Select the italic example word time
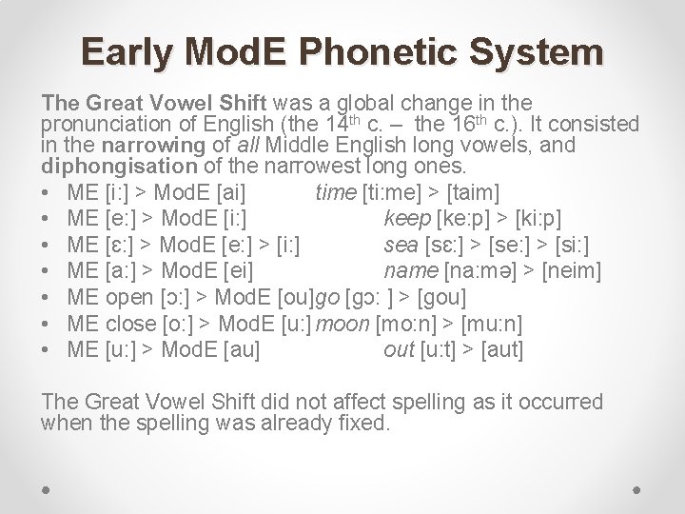[x=335, y=193]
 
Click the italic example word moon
[x=345, y=324]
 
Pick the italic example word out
[x=399, y=349]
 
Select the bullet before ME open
[x=48, y=297]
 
